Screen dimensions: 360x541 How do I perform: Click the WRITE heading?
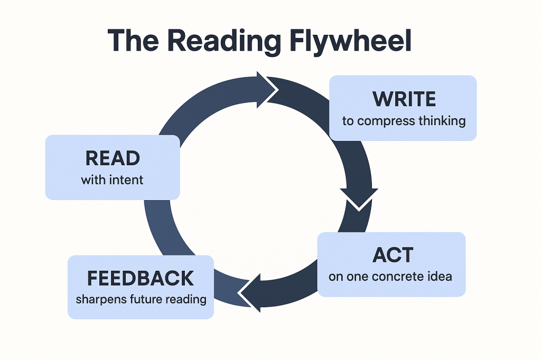click(404, 99)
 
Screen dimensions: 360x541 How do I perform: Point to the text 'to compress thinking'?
click(404, 121)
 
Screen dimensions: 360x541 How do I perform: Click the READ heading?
click(112, 158)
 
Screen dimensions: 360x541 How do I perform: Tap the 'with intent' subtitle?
click(112, 180)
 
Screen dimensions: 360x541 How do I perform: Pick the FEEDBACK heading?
click(140, 278)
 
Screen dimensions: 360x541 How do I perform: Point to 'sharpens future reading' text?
click(141, 299)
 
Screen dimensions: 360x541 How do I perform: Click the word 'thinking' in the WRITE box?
click(442, 121)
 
